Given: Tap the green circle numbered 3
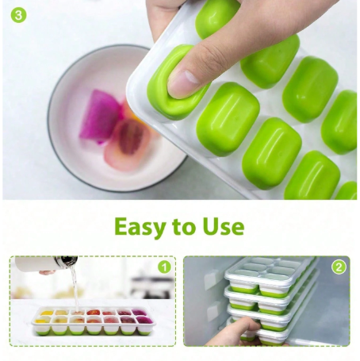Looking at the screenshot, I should click(x=17, y=15).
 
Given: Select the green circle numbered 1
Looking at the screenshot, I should click(x=163, y=267).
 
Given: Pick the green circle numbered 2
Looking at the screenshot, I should click(x=339, y=267).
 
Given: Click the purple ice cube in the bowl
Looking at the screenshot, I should click(x=99, y=117).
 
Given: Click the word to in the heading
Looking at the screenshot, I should click(x=182, y=227).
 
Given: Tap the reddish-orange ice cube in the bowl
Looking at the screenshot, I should click(x=127, y=139).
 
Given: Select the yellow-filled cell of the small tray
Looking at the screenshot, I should click(x=44, y=314).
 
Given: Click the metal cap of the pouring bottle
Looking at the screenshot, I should click(x=69, y=260).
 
